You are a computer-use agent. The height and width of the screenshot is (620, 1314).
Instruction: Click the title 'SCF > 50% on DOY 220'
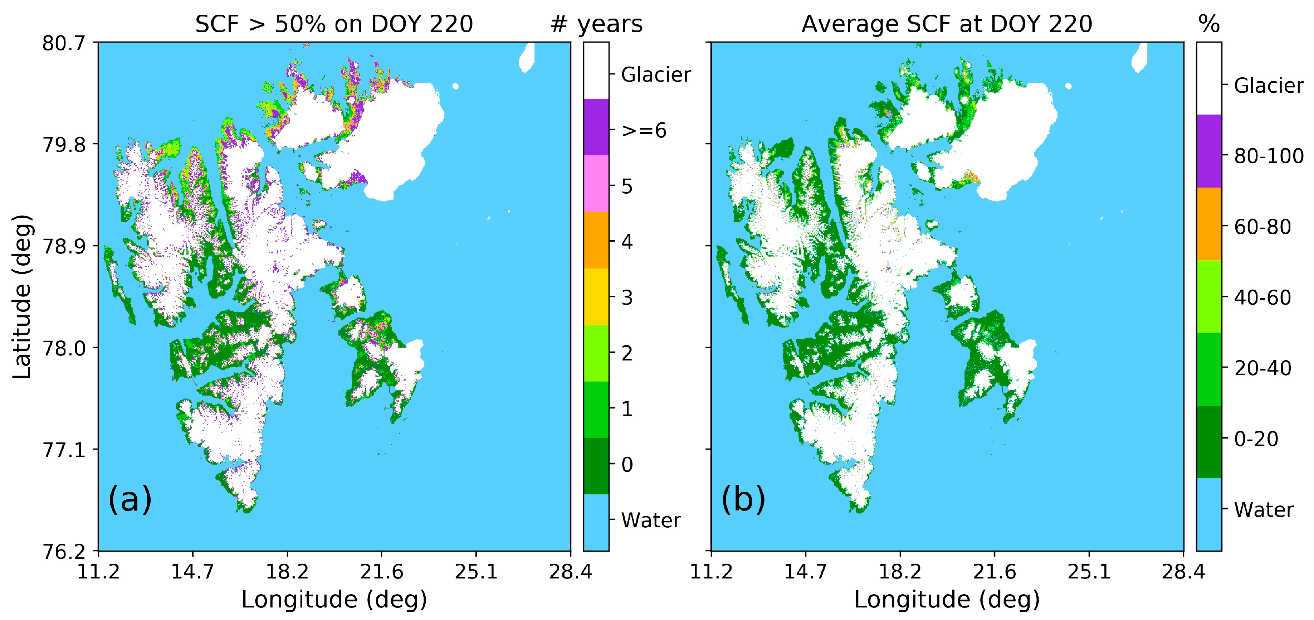pyautogui.click(x=334, y=24)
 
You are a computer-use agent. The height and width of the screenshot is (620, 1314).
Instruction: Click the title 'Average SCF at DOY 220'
pyautogui.click(x=947, y=24)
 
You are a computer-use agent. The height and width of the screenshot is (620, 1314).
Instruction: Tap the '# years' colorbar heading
pyautogui.click(x=596, y=24)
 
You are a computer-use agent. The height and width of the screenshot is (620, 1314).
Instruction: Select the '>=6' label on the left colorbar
pyautogui.click(x=644, y=131)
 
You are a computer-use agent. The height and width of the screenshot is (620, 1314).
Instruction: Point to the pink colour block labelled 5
pyautogui.click(x=596, y=184)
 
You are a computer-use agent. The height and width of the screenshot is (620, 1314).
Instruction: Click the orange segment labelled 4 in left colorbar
pyautogui.click(x=596, y=240)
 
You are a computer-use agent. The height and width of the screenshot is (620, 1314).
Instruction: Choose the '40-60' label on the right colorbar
pyautogui.click(x=1262, y=297)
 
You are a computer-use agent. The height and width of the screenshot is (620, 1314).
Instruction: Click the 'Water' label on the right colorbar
pyautogui.click(x=1264, y=510)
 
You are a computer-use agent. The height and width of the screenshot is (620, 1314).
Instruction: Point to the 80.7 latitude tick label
pyautogui.click(x=64, y=43)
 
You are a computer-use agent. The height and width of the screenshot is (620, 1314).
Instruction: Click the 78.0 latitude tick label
pyautogui.click(x=64, y=348)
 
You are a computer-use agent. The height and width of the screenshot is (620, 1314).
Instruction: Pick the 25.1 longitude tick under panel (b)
pyautogui.click(x=1089, y=572)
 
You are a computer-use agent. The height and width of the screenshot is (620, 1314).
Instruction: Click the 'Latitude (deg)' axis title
pyautogui.click(x=22, y=296)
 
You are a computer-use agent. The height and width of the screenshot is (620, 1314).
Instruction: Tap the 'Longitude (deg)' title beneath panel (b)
pyautogui.click(x=947, y=600)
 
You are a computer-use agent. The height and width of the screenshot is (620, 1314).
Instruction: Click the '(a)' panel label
pyautogui.click(x=130, y=499)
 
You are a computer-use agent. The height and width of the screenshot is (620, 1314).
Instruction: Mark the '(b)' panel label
pyautogui.click(x=743, y=499)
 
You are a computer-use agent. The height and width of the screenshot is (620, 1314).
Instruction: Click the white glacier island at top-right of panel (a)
pyautogui.click(x=526, y=58)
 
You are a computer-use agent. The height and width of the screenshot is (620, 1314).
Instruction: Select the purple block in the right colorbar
pyautogui.click(x=1208, y=151)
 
